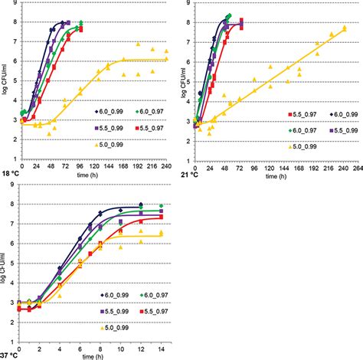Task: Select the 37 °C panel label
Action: click(11, 355)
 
